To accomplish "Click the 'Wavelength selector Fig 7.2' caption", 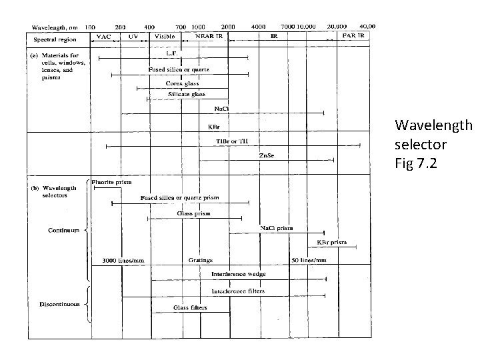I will pyautogui.click(x=433, y=143).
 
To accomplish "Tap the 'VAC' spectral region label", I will pyautogui.click(x=104, y=37).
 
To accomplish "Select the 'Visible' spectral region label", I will pyautogui.click(x=165, y=37).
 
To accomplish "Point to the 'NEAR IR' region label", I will pyautogui.click(x=208, y=36).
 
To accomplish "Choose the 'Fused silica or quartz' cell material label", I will pyautogui.click(x=179, y=69).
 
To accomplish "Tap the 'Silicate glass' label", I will pyautogui.click(x=187, y=95).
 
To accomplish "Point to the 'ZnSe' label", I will pyautogui.click(x=266, y=155).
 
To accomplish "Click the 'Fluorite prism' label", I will pyautogui.click(x=112, y=181).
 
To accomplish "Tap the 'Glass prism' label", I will pyautogui.click(x=193, y=213).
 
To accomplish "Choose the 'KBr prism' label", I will pyautogui.click(x=331, y=242).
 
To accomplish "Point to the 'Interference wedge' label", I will pyautogui.click(x=238, y=274).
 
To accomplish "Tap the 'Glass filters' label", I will pyautogui.click(x=191, y=307).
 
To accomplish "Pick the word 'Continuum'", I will pyautogui.click(x=63, y=231).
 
